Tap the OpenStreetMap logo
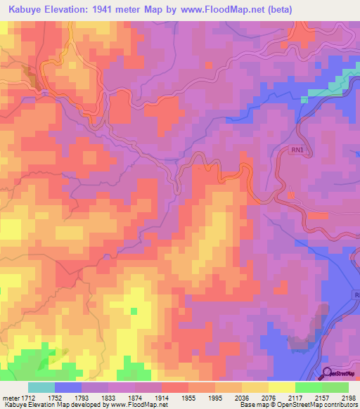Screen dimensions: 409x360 click(x=340, y=373)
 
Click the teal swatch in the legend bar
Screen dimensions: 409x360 click(x=41, y=387)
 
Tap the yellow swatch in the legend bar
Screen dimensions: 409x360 click(x=281, y=387)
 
